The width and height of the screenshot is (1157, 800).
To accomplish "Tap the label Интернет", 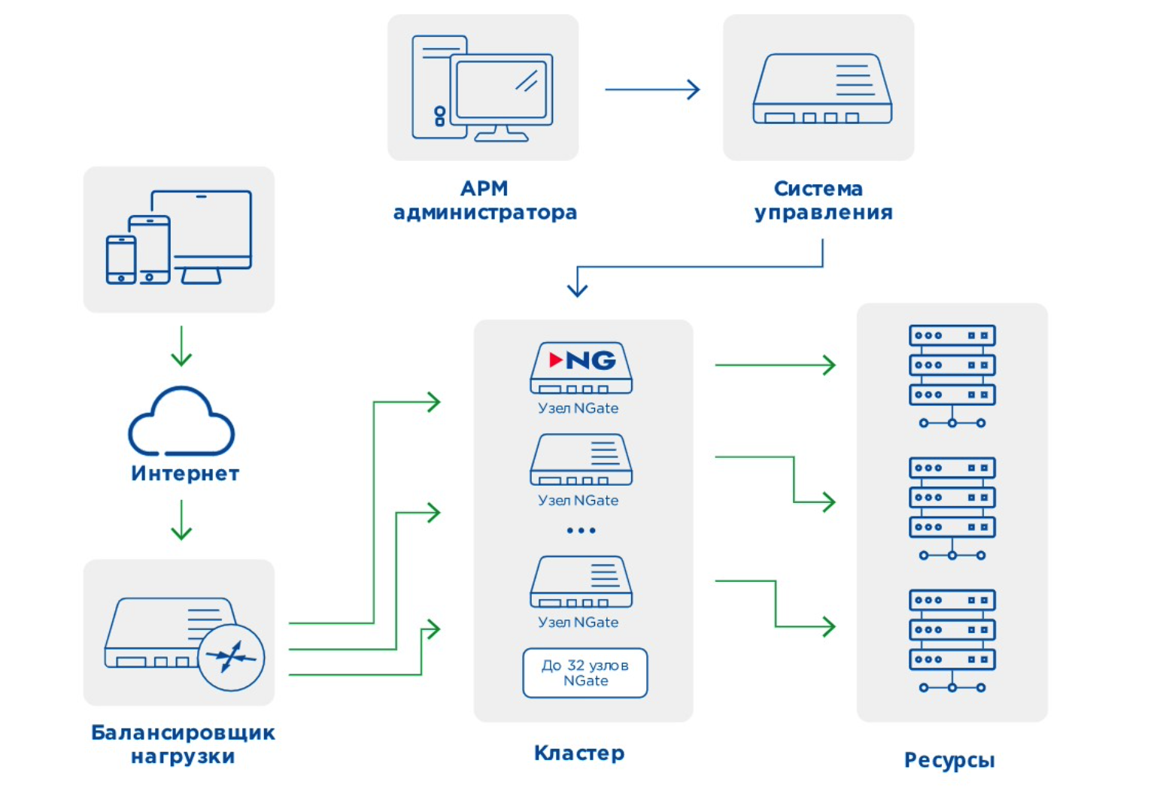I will (x=185, y=474).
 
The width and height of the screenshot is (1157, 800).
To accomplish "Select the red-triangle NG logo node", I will (x=582, y=368).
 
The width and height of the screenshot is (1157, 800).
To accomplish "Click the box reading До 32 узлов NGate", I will (x=585, y=673).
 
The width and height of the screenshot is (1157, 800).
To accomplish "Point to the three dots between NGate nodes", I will (x=581, y=531).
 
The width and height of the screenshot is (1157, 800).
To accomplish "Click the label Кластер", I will (x=579, y=753).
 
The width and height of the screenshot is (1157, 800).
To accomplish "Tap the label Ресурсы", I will (x=949, y=760).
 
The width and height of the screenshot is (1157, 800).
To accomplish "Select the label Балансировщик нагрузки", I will (x=183, y=744).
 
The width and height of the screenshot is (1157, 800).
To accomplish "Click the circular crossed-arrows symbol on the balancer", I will (x=231, y=658).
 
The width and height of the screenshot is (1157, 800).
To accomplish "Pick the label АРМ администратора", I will (x=485, y=200).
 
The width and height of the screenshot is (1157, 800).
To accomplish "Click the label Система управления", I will (x=823, y=200).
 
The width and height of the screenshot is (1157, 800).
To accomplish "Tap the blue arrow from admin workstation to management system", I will (x=652, y=89).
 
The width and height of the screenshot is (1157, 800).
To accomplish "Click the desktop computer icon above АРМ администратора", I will (x=482, y=88).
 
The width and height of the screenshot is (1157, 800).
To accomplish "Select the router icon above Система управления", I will (x=822, y=89).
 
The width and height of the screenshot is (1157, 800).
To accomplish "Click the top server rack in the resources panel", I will (x=952, y=375).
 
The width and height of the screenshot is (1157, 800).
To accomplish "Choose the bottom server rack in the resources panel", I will (x=952, y=640).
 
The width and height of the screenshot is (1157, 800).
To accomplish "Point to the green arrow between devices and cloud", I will (x=181, y=346).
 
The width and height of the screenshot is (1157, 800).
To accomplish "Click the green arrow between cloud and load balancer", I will (x=181, y=520).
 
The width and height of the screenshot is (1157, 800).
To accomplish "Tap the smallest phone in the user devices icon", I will (x=121, y=259).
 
